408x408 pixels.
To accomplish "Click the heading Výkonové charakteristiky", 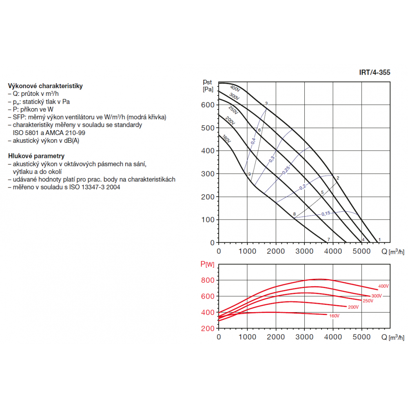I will (45, 86).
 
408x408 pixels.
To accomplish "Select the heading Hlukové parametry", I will (36, 156).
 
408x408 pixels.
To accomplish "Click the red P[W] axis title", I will (207, 264).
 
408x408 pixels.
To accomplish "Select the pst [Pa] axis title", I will (208, 85).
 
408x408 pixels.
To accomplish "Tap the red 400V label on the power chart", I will (383, 286).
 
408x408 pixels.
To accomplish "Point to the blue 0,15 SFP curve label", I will (326, 214).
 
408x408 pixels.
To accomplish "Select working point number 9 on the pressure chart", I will (249, 174).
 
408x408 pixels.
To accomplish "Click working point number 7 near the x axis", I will (328, 239).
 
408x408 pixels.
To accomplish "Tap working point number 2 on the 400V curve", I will (338, 177).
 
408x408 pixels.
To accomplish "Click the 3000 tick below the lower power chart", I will (305, 337).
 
